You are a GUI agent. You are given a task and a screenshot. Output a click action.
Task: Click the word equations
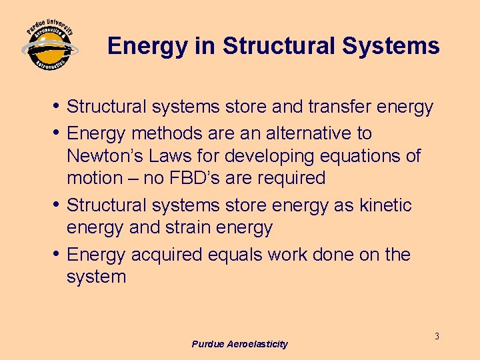[363, 156]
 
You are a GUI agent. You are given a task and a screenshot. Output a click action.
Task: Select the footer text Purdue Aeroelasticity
[239, 344]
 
